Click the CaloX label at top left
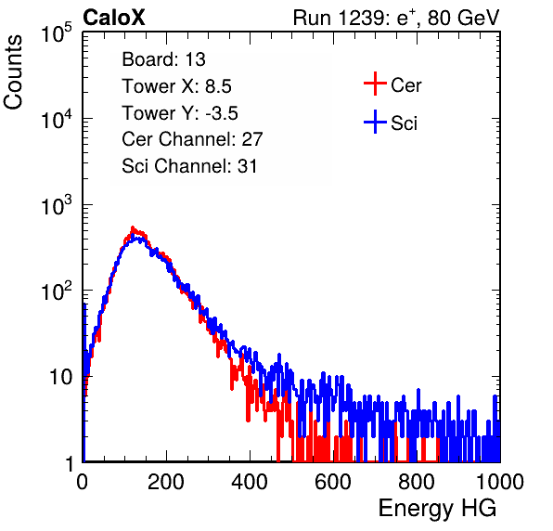(x=114, y=18)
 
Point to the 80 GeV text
(x=464, y=18)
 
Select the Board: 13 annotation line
(x=163, y=59)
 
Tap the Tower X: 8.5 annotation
(x=176, y=86)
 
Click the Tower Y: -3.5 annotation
(x=180, y=113)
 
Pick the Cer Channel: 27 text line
(x=192, y=139)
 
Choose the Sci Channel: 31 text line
(x=189, y=166)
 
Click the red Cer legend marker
(x=375, y=84)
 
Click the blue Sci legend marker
(x=375, y=122)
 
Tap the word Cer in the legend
(x=405, y=85)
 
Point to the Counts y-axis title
(x=13, y=72)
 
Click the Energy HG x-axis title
(x=437, y=509)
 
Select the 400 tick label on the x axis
(x=250, y=482)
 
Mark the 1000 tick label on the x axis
(x=500, y=482)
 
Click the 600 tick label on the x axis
(x=333, y=482)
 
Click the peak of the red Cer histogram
(x=133, y=227)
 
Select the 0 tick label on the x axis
(x=83, y=482)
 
